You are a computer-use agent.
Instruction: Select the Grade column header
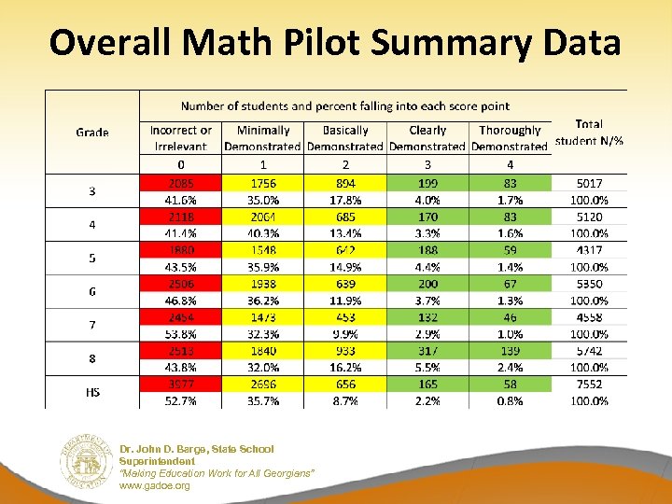pyautogui.click(x=92, y=133)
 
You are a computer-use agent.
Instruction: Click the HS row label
pyautogui.click(x=92, y=393)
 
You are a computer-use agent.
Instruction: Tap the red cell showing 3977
pyautogui.click(x=180, y=385)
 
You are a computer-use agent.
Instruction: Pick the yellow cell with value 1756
pyautogui.click(x=262, y=184)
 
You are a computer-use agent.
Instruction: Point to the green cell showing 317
pyautogui.click(x=427, y=351)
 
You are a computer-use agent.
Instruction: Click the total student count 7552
pyautogui.click(x=589, y=385)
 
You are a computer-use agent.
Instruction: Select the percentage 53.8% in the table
pyautogui.click(x=180, y=334)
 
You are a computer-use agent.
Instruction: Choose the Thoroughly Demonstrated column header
pyautogui.click(x=510, y=138)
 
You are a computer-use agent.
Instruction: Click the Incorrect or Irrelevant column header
pyautogui.click(x=180, y=138)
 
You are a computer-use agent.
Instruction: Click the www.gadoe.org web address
pyautogui.click(x=154, y=486)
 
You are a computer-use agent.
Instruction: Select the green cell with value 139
pyautogui.click(x=510, y=351)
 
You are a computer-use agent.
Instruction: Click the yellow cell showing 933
pyautogui.click(x=345, y=351)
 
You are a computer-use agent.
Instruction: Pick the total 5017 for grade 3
pyautogui.click(x=589, y=184)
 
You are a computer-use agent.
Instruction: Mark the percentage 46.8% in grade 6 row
pyautogui.click(x=180, y=301)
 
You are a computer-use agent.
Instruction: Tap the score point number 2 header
pyautogui.click(x=345, y=164)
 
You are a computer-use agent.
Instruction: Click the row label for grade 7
pyautogui.click(x=92, y=326)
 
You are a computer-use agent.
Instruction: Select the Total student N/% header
pyautogui.click(x=589, y=133)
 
